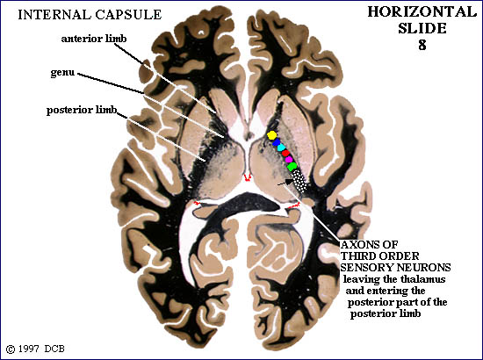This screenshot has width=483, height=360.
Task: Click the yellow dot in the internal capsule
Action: click(272, 135)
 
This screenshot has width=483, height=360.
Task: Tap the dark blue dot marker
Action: click(277, 142)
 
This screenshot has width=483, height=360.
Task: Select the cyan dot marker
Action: click(281, 148)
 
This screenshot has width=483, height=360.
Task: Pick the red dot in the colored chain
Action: click(285, 153)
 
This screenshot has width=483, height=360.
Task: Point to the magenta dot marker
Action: click(289, 159)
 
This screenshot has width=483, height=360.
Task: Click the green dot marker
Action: click(292, 167)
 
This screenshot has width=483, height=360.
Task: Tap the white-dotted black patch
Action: click(299, 181)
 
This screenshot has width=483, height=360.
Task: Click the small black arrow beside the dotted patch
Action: click(285, 183)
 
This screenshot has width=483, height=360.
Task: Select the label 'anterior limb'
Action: click(94, 39)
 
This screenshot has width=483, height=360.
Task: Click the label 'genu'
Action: click(62, 73)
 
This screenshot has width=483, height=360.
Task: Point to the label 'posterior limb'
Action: click(82, 111)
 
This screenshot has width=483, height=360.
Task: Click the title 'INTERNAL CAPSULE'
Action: click(90, 14)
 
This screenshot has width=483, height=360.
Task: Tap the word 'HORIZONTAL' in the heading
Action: click(422, 12)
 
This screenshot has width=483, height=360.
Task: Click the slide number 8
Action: click(422, 45)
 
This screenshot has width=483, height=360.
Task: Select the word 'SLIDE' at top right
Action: click(422, 28)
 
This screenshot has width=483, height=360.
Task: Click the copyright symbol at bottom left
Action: click(11, 349)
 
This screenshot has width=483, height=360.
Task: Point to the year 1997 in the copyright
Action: click(29, 349)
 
